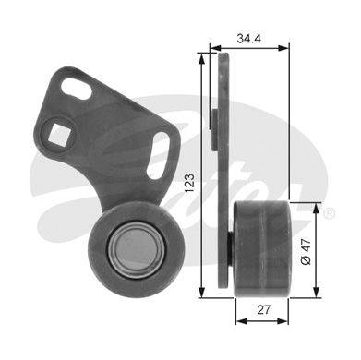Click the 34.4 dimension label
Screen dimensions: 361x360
click(248, 39)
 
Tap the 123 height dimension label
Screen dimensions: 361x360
click(189, 184)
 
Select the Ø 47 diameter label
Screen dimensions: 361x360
click(306, 250)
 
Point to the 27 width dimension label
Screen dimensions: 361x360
click(263, 309)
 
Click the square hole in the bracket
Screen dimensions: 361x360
click(60, 135)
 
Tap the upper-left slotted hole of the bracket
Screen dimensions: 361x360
click(77, 89)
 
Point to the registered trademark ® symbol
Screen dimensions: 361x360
click(328, 213)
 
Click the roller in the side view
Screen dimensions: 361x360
click(261, 249)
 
